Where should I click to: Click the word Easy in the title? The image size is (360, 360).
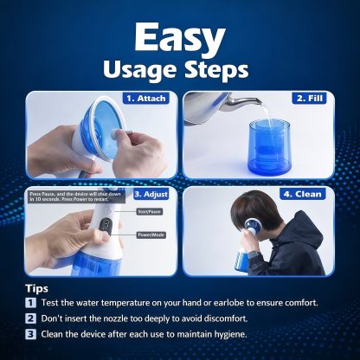click(179, 38)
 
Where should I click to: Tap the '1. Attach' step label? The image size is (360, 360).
click(146, 99)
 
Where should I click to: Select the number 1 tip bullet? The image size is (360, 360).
click(30, 303)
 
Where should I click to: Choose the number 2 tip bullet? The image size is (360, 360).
click(30, 318)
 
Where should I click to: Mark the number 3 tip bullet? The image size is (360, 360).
click(30, 334)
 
